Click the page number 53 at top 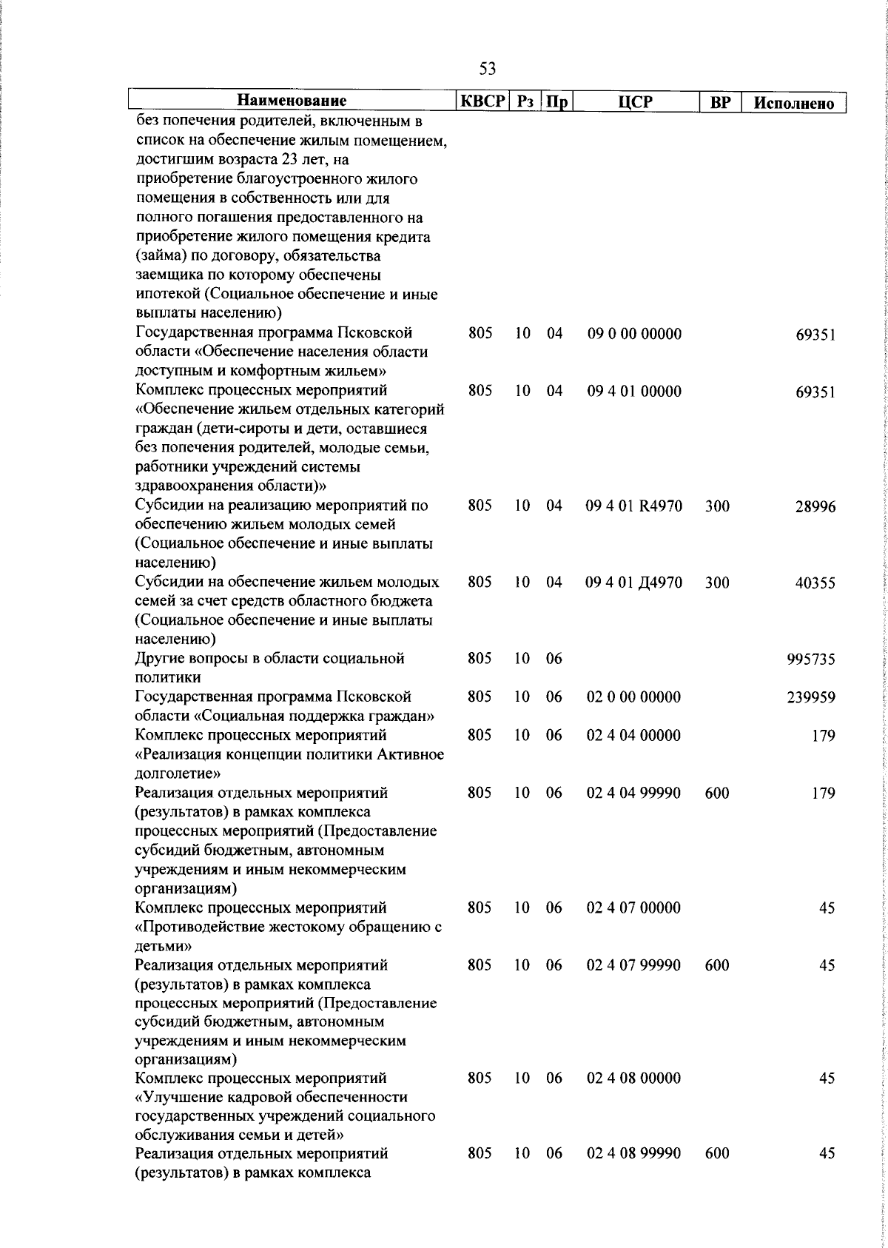pos(488,69)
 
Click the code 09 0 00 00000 pos(634,334)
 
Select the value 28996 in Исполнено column pos(815,507)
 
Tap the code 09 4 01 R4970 pos(633,506)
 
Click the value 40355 pos(815,583)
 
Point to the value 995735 pos(810,660)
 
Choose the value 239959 pos(810,698)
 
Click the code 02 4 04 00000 pos(633,736)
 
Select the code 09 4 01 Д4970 pos(633,583)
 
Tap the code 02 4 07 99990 pos(633,965)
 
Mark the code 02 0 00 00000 pos(633,697)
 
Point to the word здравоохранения pos(194,486)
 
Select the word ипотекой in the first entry pos(164,295)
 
